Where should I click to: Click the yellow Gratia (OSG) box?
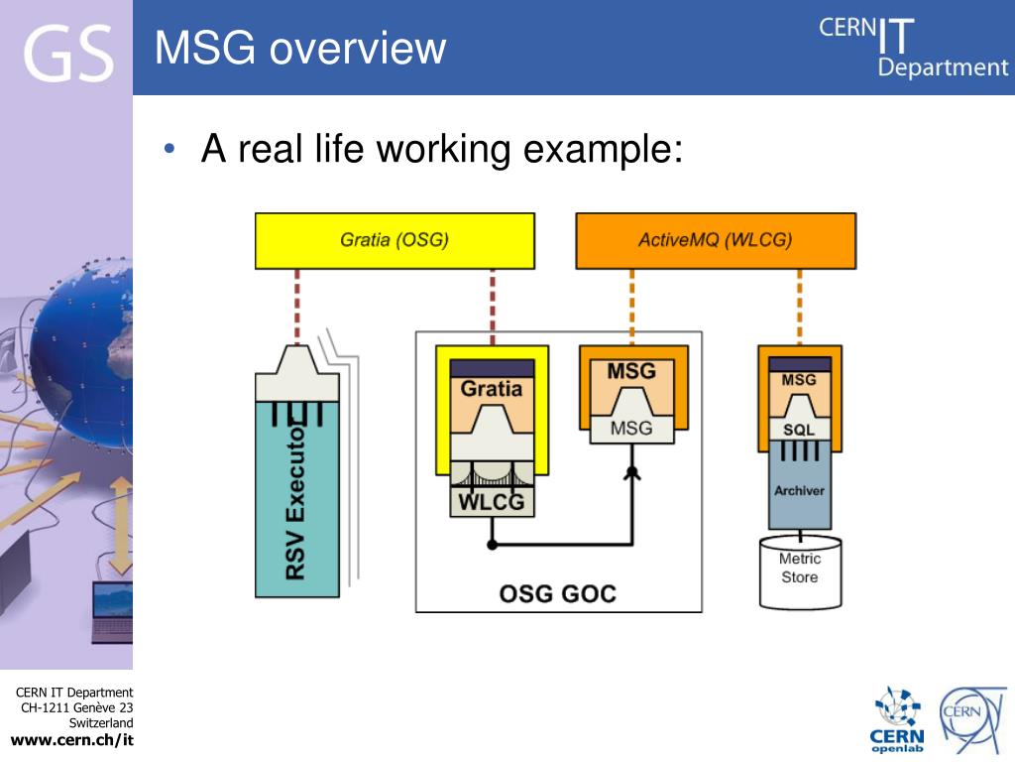[395, 240]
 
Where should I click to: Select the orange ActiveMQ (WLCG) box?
[716, 240]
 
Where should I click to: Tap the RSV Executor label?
[295, 500]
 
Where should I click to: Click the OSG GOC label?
[557, 593]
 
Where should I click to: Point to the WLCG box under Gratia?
[492, 501]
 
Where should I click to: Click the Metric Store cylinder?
[800, 571]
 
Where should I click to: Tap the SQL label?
[799, 430]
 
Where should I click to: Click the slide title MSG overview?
[300, 48]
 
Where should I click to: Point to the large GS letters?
[68, 54]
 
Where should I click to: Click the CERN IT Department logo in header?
[913, 48]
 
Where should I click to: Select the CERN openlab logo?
[897, 720]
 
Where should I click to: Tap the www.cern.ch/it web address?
[72, 740]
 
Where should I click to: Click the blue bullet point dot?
[169, 149]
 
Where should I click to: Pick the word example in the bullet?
[603, 150]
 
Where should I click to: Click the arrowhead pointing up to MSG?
[631, 473]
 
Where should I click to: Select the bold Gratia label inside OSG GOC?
[492, 389]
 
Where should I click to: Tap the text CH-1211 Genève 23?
[77, 707]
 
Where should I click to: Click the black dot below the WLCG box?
[492, 545]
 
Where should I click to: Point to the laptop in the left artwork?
[112, 613]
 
